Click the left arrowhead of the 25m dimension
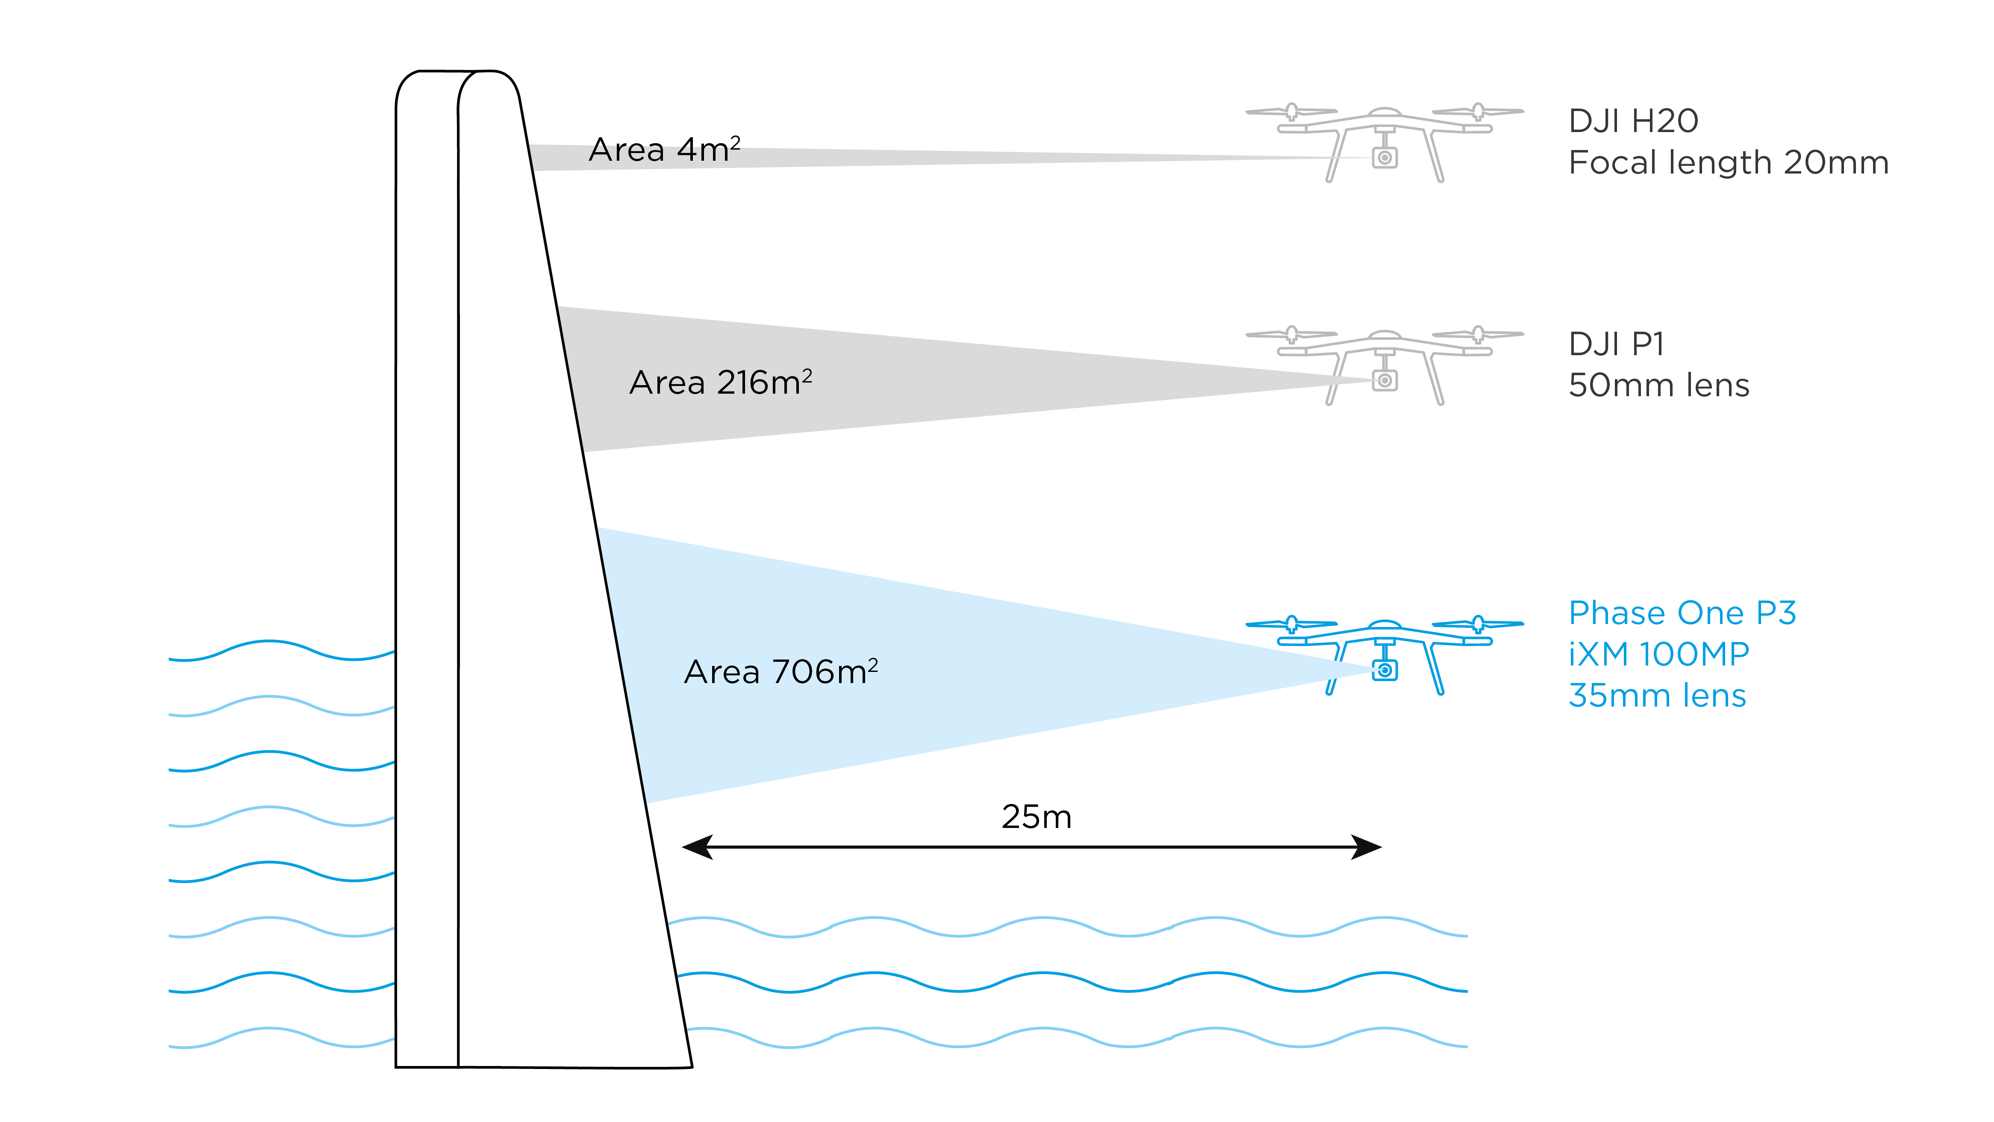click(697, 847)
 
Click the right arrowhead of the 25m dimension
click(1366, 847)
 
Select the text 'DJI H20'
click(1633, 121)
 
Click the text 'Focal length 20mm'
click(1728, 163)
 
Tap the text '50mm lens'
click(1658, 386)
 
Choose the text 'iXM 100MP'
click(1658, 655)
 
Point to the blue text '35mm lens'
click(1656, 696)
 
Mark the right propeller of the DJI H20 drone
click(1478, 112)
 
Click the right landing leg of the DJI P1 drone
click(1434, 379)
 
